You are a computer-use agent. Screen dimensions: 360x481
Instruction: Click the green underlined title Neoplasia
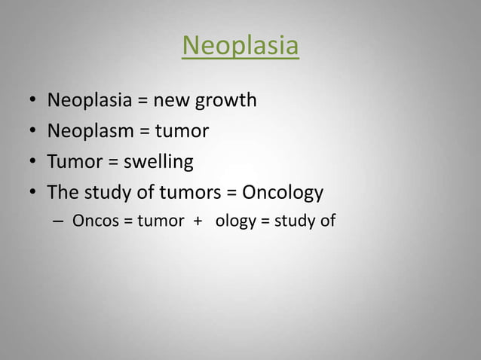240,47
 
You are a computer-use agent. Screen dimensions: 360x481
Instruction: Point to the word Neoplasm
90,132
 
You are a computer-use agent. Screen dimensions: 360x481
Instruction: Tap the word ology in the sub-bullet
236,222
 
